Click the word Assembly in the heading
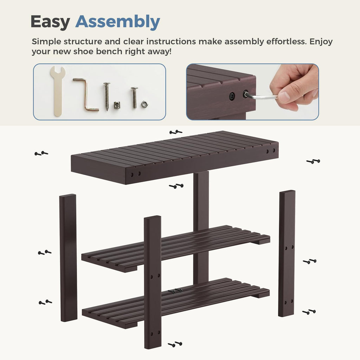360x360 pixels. (x=117, y=22)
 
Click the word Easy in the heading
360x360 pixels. (x=50, y=22)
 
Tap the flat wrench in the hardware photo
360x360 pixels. (x=58, y=91)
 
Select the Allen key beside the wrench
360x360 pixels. (x=86, y=95)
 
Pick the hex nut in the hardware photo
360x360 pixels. (x=144, y=104)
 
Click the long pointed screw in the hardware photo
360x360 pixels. (x=107, y=96)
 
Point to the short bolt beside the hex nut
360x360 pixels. (x=134, y=98)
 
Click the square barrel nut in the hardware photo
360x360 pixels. (x=117, y=105)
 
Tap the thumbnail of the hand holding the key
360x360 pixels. (x=252, y=92)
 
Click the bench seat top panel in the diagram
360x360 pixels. (x=174, y=157)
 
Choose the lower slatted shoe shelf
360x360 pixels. (x=176, y=303)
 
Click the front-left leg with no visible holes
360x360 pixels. (x=68, y=258)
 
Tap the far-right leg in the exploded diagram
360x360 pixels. (x=287, y=253)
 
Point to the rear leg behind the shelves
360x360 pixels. (x=201, y=227)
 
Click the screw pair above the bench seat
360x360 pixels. (x=176, y=132)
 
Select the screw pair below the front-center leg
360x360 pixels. (x=175, y=344)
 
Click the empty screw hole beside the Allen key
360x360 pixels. (x=232, y=96)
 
